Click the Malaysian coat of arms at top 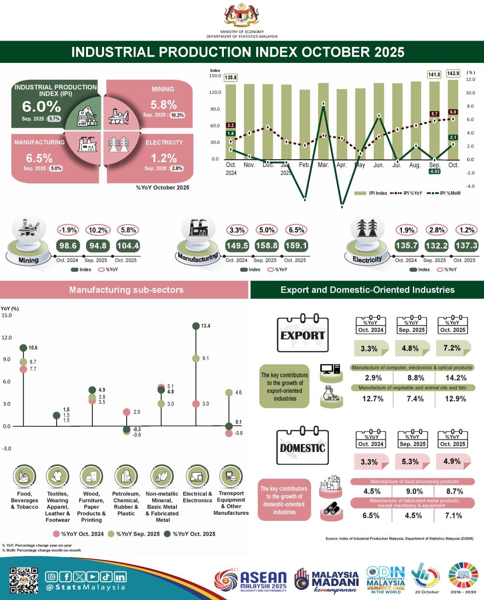(x=242, y=15)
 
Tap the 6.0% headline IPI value (x=42, y=106)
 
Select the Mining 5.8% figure (x=163, y=105)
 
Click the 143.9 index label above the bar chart (x=453, y=74)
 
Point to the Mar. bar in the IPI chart (x=323, y=121)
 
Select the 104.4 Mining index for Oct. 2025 (x=128, y=246)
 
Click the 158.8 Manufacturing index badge (x=266, y=246)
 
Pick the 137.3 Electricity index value (x=466, y=246)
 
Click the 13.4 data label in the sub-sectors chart (x=205, y=326)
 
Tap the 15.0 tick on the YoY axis (x=7, y=315)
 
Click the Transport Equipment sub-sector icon (x=231, y=477)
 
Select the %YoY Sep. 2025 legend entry (x=133, y=534)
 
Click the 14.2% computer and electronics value (x=455, y=378)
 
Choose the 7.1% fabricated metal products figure (x=454, y=515)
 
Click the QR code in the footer (x=24, y=580)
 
